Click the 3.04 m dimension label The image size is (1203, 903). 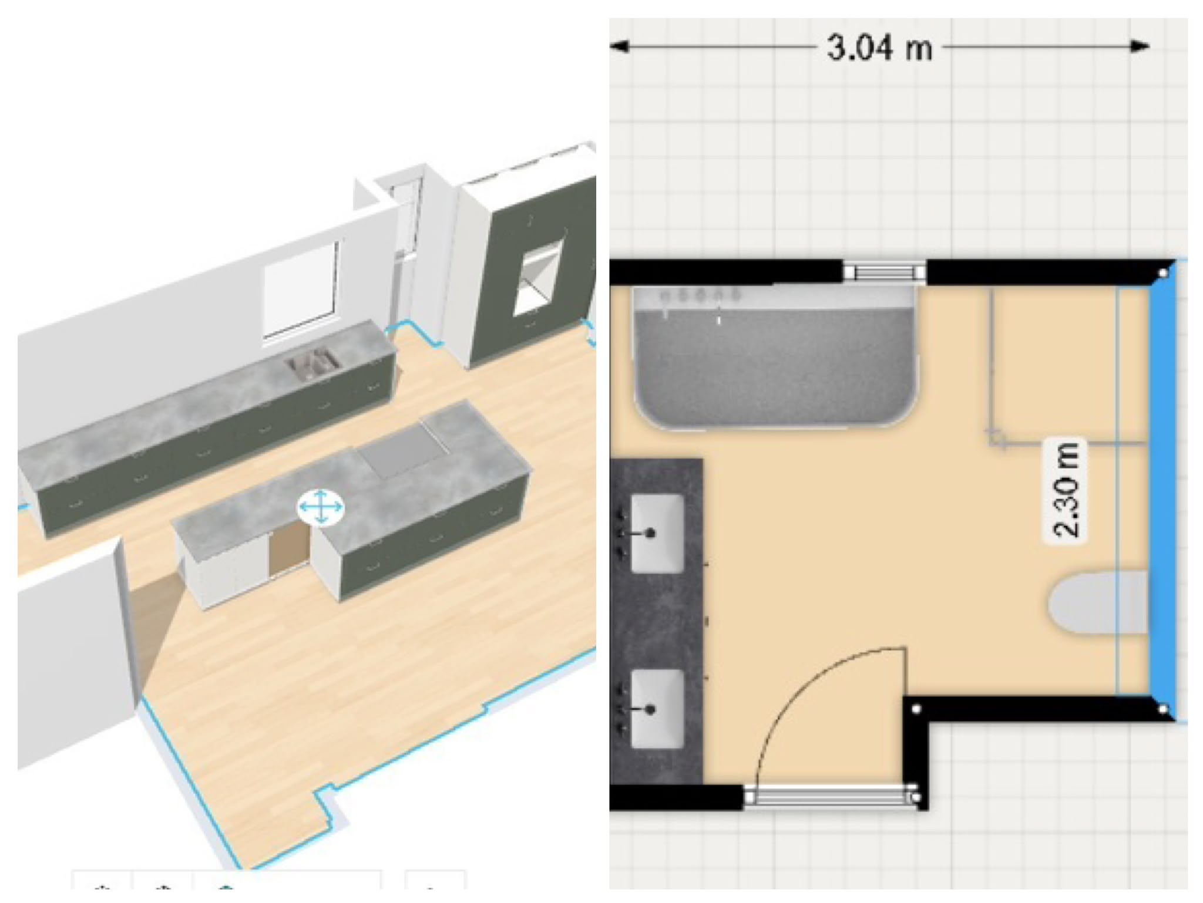[x=879, y=47]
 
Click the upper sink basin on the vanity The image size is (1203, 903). [x=657, y=533]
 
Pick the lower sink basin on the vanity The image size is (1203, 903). [x=657, y=709]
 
